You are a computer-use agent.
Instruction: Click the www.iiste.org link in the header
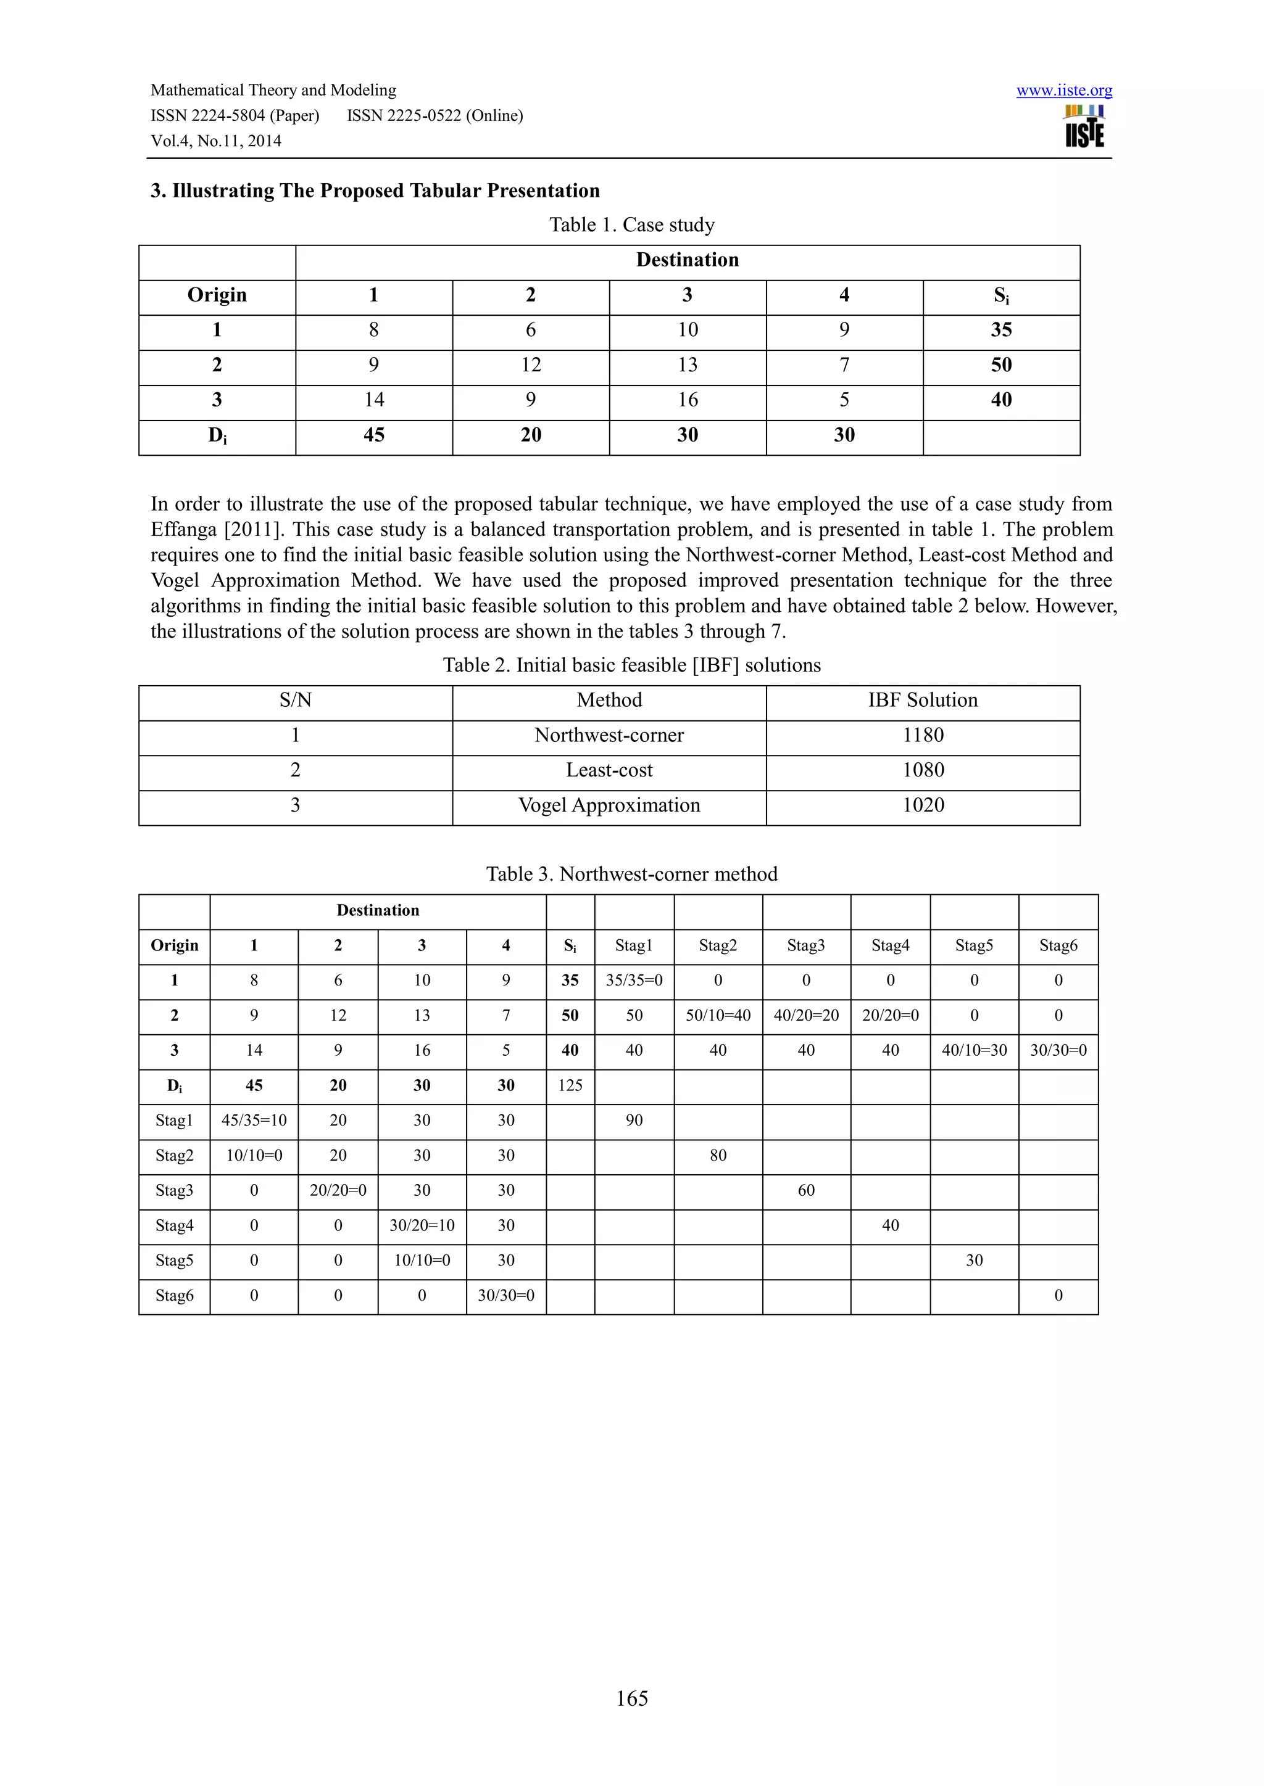tap(1063, 90)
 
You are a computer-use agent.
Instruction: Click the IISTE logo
tap(1084, 126)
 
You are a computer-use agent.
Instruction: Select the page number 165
tap(631, 1698)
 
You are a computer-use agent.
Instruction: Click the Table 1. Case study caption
tap(631, 225)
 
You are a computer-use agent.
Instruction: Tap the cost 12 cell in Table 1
tap(530, 365)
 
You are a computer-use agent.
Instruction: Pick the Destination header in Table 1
tap(688, 260)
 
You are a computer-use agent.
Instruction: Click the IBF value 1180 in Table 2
tap(923, 735)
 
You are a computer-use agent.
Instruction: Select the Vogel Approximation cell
tap(609, 805)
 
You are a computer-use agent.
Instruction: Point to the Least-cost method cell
tap(609, 770)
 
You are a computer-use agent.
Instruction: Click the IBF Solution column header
tap(923, 700)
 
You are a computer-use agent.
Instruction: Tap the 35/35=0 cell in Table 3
tap(634, 980)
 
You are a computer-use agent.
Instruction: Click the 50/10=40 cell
tap(718, 1015)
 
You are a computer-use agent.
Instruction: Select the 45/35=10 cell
tap(254, 1120)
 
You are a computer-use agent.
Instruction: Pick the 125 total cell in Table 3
tap(570, 1085)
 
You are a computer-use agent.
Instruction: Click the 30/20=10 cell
tap(422, 1225)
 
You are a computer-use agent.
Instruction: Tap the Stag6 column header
tap(1058, 945)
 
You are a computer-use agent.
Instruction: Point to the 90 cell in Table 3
tap(634, 1120)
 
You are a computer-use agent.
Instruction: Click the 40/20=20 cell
tap(805, 1015)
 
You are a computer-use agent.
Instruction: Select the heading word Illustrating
tap(223, 191)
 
